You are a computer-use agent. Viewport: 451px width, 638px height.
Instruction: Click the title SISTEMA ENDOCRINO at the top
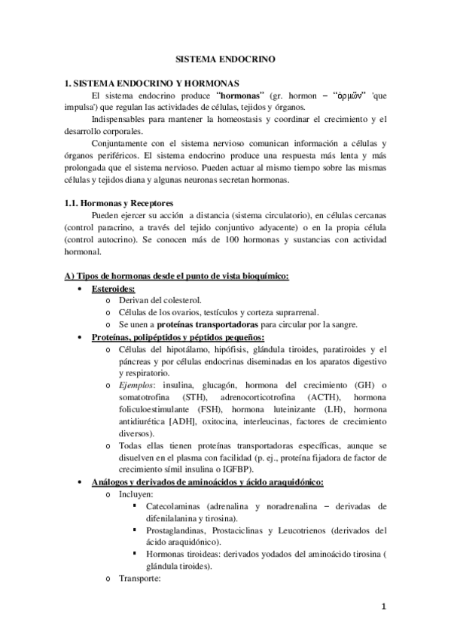225,57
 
